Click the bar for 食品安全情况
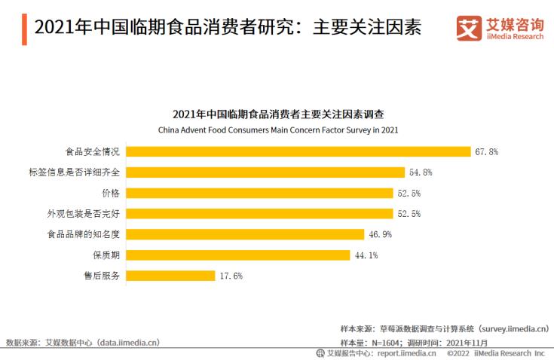click(298, 151)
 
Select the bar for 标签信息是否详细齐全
click(265, 172)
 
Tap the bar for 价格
click(259, 193)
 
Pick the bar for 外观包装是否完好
click(259, 214)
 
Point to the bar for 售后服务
click(170, 276)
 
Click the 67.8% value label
click(487, 151)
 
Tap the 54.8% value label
click(421, 172)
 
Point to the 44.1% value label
click(366, 255)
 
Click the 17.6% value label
click(231, 276)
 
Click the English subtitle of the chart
click(277, 130)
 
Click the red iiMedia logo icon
click(468, 28)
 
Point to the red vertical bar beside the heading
click(26, 28)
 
